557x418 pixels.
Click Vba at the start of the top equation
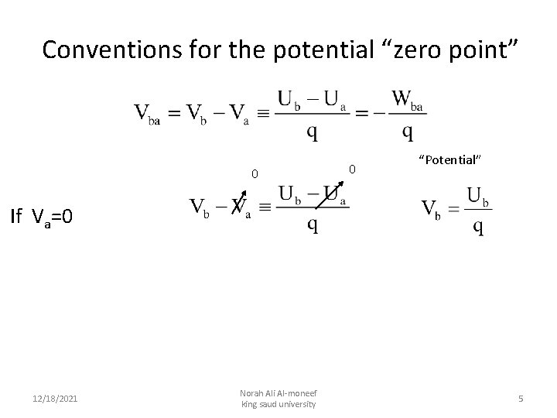coord(148,114)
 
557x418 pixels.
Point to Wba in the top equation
coord(408,101)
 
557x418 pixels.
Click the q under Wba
coord(407,132)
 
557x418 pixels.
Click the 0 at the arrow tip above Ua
coord(350,168)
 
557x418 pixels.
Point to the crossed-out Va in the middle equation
coord(241,207)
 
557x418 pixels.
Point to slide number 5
coord(521,398)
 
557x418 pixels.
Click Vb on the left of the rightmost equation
coord(432,211)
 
